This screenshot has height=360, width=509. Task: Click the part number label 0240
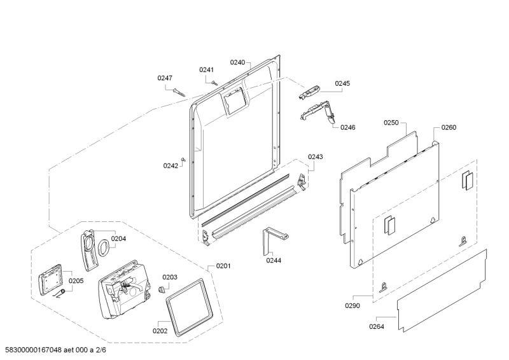[x=237, y=62]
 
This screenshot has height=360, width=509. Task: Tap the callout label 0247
[x=165, y=78]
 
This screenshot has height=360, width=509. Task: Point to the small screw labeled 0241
[x=215, y=82]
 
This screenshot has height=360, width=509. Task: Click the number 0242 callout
[x=170, y=166]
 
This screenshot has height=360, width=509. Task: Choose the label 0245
[x=342, y=83]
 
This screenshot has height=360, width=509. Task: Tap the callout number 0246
[x=347, y=127]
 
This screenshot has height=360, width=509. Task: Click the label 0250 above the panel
[x=391, y=122]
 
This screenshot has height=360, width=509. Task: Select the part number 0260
[x=449, y=127]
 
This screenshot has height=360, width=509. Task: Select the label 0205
[x=76, y=280]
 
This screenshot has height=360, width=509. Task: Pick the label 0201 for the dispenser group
[x=223, y=266]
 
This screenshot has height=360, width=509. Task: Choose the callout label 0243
[x=316, y=157]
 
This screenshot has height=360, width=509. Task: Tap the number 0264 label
[x=377, y=327]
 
